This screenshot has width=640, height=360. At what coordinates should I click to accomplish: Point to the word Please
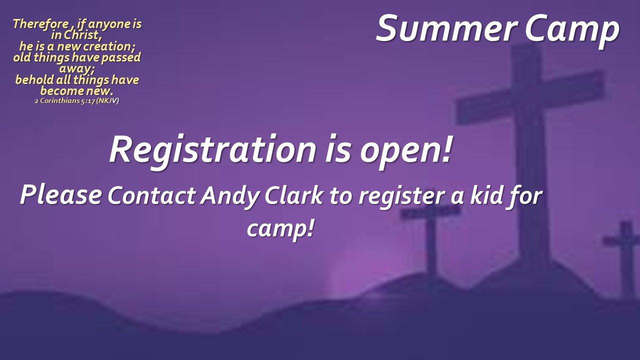coord(61,194)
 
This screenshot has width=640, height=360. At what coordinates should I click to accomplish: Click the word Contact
coord(151,195)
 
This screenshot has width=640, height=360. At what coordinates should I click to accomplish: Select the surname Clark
coord(294,195)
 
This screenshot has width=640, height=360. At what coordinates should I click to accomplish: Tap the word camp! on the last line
coord(280,228)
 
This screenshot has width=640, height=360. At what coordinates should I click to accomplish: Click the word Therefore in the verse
coord(40,24)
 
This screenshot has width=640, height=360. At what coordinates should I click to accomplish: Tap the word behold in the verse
coord(34,79)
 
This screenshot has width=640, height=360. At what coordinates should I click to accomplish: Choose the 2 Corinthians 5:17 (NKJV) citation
coord(76,101)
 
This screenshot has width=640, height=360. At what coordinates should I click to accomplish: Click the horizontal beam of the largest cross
coord(529,97)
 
